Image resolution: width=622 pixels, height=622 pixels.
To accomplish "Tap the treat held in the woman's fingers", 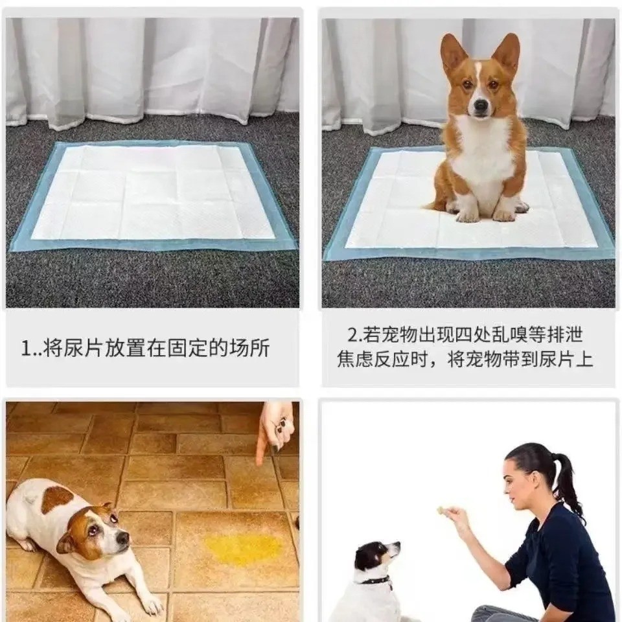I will tap(441, 511).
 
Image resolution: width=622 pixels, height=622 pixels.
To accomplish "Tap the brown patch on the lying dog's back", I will tap(57, 499).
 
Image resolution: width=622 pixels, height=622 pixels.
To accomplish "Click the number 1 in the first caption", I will tap(25, 349).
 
